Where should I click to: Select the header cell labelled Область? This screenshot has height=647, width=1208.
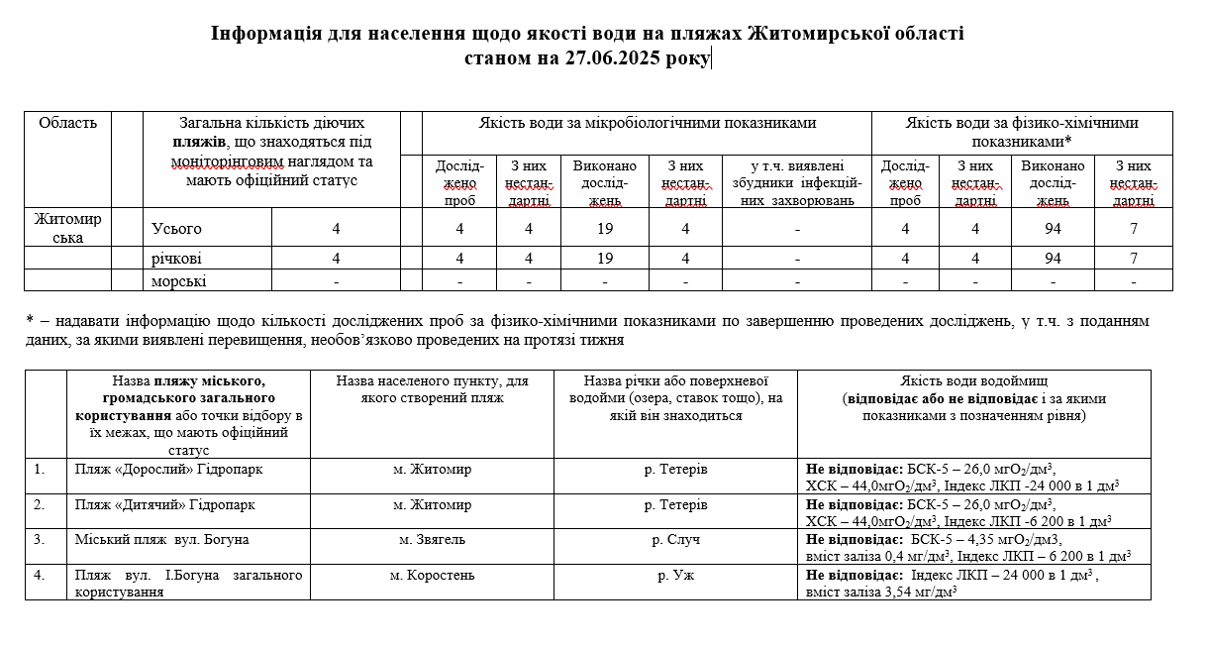point(67,124)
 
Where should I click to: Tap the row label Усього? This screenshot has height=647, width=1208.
point(176,229)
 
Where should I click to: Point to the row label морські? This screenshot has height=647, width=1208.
point(179,281)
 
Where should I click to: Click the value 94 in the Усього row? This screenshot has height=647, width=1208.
point(1053,229)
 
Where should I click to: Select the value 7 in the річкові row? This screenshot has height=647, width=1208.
point(1134,259)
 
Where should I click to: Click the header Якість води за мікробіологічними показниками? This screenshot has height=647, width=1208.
point(647,124)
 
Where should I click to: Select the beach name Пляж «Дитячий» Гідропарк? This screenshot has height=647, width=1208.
point(165,504)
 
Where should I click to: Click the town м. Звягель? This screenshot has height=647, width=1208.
point(432,540)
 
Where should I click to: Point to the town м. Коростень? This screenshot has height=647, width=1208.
point(432,575)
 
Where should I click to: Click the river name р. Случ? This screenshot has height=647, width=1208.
point(675,540)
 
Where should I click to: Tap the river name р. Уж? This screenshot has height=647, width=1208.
point(675,575)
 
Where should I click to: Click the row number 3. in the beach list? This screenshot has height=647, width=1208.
point(40,540)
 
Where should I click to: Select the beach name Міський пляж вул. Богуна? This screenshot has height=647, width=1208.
point(162,540)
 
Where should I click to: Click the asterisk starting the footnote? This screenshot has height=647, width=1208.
point(30,321)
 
